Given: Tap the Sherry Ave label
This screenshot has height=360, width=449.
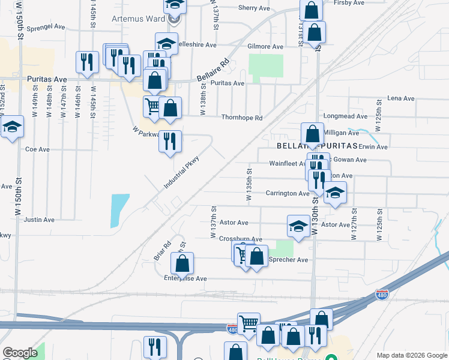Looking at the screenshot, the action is click(254, 8).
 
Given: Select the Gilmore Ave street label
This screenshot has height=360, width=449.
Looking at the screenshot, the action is click(265, 46).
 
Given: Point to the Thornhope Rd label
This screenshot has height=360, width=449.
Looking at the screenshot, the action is click(242, 118).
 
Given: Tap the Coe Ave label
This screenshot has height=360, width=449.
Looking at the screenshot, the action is click(37, 149).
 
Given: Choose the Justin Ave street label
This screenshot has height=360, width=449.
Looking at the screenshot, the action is click(39, 220).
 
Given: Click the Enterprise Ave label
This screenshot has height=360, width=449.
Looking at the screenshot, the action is click(185, 278).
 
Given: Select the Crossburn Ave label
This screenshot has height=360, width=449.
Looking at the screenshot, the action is click(240, 239).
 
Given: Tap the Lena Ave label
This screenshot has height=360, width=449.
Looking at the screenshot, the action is click(401, 98).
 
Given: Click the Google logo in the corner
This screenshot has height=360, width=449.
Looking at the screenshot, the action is click(20, 353).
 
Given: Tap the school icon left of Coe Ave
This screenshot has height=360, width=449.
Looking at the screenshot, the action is click(12, 127).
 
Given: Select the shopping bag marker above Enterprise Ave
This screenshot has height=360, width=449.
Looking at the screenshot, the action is click(182, 263).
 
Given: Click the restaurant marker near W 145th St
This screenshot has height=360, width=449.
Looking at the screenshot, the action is click(88, 62).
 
